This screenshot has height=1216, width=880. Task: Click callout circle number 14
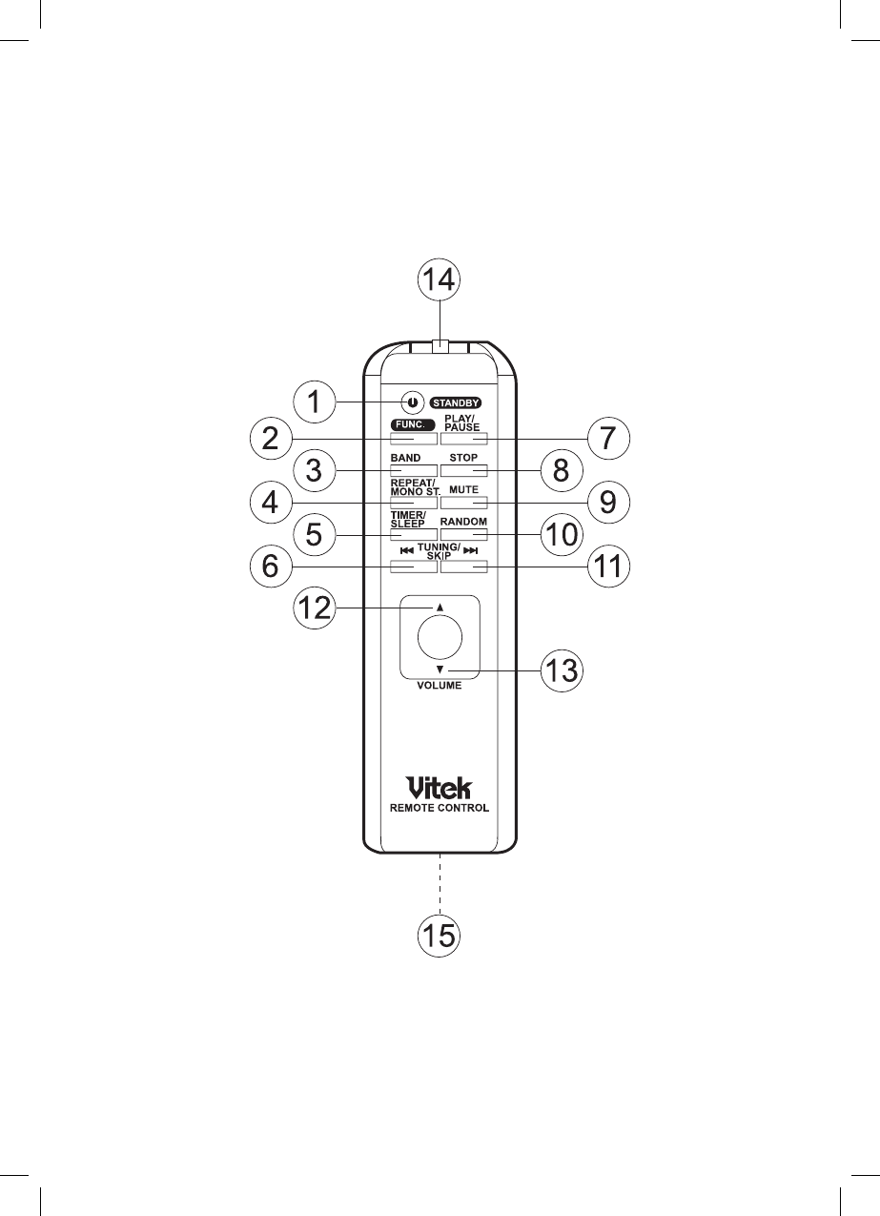pos(440,281)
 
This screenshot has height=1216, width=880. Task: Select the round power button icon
pos(412,402)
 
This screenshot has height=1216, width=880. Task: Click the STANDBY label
pos(456,402)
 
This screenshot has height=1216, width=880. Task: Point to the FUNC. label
pos(413,423)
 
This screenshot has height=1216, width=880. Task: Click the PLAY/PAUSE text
pos(462,423)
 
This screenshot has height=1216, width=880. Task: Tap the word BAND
pos(405,458)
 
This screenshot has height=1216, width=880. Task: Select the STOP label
pos(463,458)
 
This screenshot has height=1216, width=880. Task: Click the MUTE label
pos(463,489)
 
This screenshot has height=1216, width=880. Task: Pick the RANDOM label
pos(463,522)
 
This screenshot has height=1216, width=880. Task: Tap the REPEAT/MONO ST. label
pos(413,487)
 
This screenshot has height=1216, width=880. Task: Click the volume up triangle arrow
pos(440,607)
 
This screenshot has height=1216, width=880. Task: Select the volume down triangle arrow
pos(440,670)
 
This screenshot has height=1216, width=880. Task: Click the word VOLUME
pos(439,686)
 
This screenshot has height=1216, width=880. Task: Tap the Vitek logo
pos(439,788)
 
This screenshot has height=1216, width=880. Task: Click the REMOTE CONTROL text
pos(440,807)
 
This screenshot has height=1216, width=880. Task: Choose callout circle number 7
pos(608,439)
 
